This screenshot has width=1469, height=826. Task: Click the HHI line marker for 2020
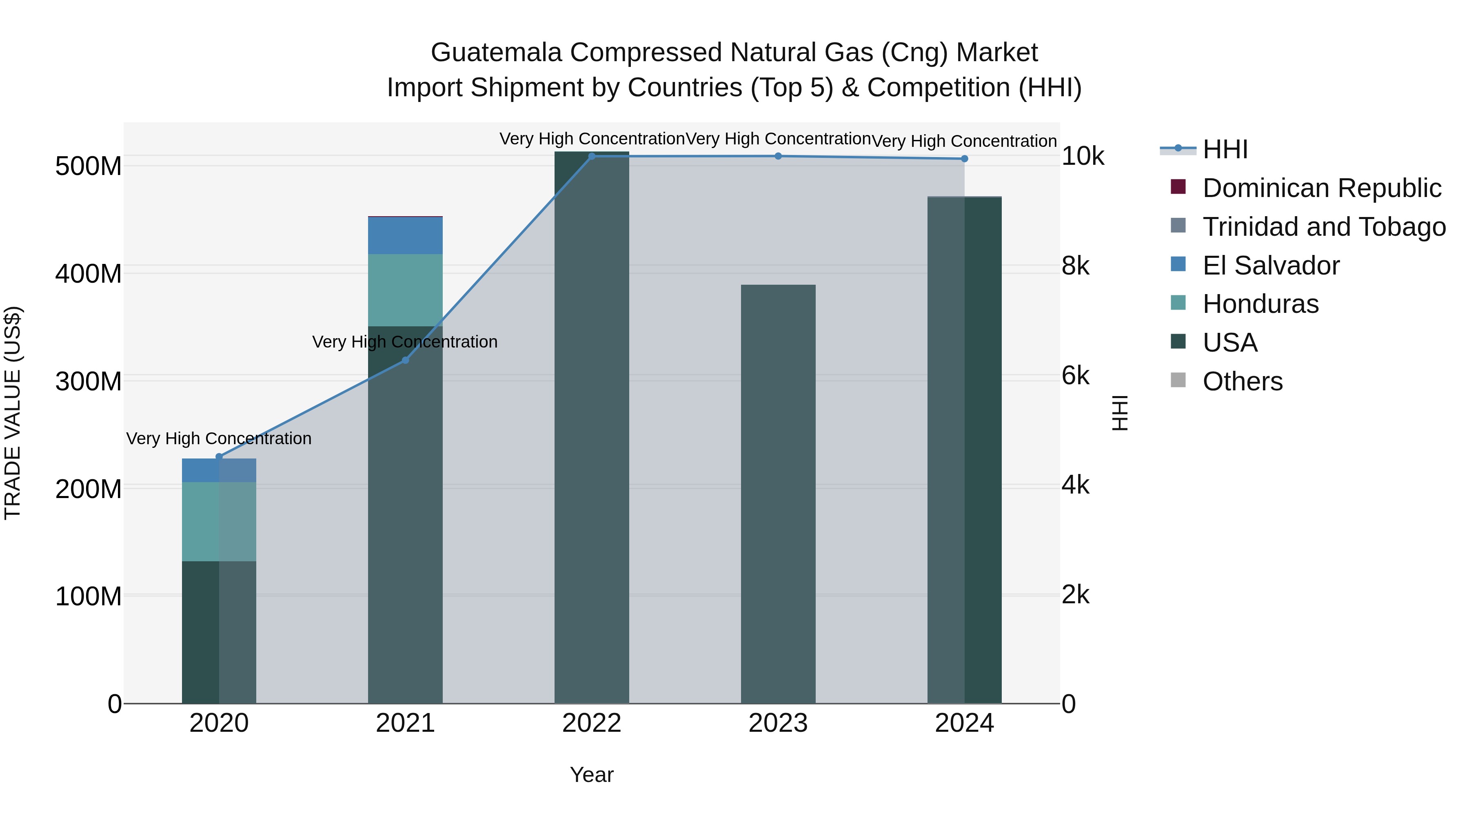(x=219, y=456)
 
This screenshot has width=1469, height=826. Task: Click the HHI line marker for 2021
(x=406, y=360)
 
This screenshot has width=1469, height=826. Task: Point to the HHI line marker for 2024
(x=964, y=159)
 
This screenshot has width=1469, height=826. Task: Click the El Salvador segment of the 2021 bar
(x=406, y=235)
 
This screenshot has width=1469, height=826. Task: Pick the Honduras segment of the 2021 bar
(x=406, y=290)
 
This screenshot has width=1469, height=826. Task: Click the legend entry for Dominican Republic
(x=1321, y=188)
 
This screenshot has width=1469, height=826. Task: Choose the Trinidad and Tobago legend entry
(x=1324, y=227)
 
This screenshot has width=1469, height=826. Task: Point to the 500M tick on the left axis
(x=89, y=166)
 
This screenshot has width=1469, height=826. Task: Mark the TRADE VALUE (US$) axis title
(x=13, y=413)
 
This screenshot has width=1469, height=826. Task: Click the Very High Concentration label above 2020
(x=219, y=438)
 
